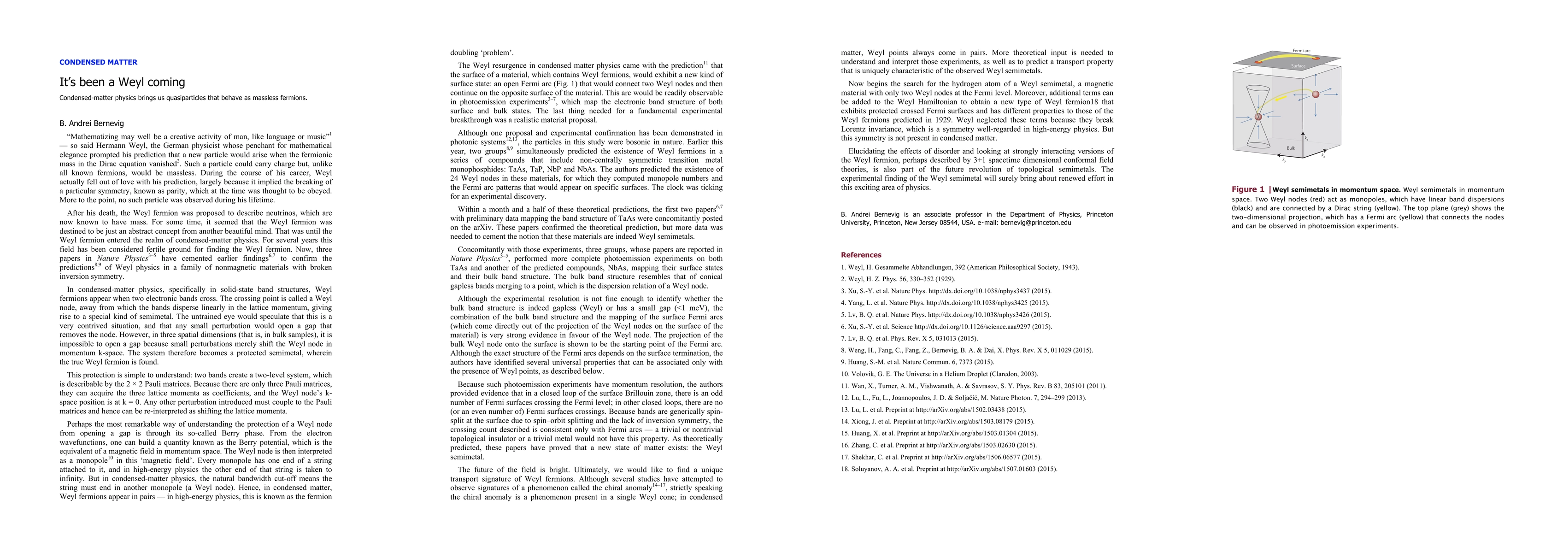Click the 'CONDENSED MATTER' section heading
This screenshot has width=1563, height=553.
[x=98, y=62]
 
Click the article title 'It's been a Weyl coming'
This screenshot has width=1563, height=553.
[x=122, y=82]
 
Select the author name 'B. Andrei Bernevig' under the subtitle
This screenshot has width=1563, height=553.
[x=91, y=123]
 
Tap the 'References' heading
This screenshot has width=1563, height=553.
[x=860, y=255]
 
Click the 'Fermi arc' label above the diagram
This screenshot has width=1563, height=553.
[x=1301, y=50]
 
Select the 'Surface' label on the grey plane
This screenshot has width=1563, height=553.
[x=1298, y=65]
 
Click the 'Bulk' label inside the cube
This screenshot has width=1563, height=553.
[x=1291, y=148]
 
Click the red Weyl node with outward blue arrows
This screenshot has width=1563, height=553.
[x=1316, y=94]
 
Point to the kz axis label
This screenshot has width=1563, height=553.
[x=1306, y=139]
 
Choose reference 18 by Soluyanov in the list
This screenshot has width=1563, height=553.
[x=948, y=469]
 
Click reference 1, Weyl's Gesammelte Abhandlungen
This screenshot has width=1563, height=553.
[x=960, y=267]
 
